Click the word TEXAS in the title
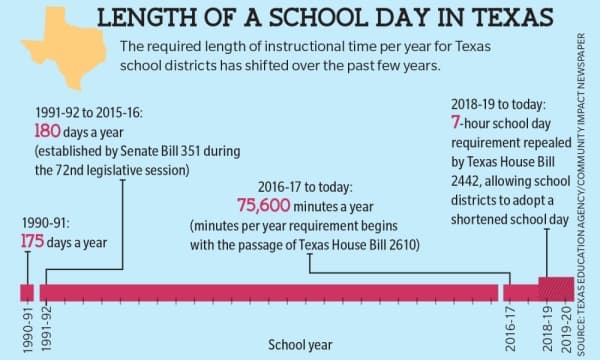512,18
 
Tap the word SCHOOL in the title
319,18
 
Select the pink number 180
47,131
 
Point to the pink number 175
33,241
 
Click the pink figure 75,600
264,205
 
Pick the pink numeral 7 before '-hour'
455,122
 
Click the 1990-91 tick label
28,329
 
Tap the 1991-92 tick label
46,329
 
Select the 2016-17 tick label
510,329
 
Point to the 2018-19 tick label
548,329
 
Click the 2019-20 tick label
566,329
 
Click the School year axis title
300,345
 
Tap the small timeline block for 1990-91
27,293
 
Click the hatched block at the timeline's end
556,289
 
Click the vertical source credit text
581,194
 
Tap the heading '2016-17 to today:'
305,187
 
